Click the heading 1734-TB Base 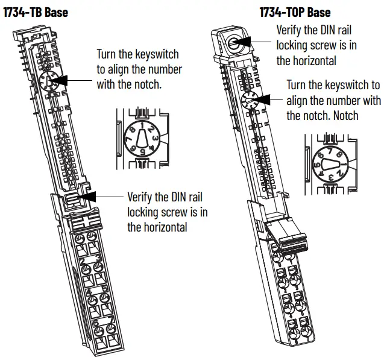pos(36,11)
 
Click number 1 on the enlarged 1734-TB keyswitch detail pos(142,125)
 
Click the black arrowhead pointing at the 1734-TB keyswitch pos(67,80)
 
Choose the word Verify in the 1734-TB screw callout pos(140,197)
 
